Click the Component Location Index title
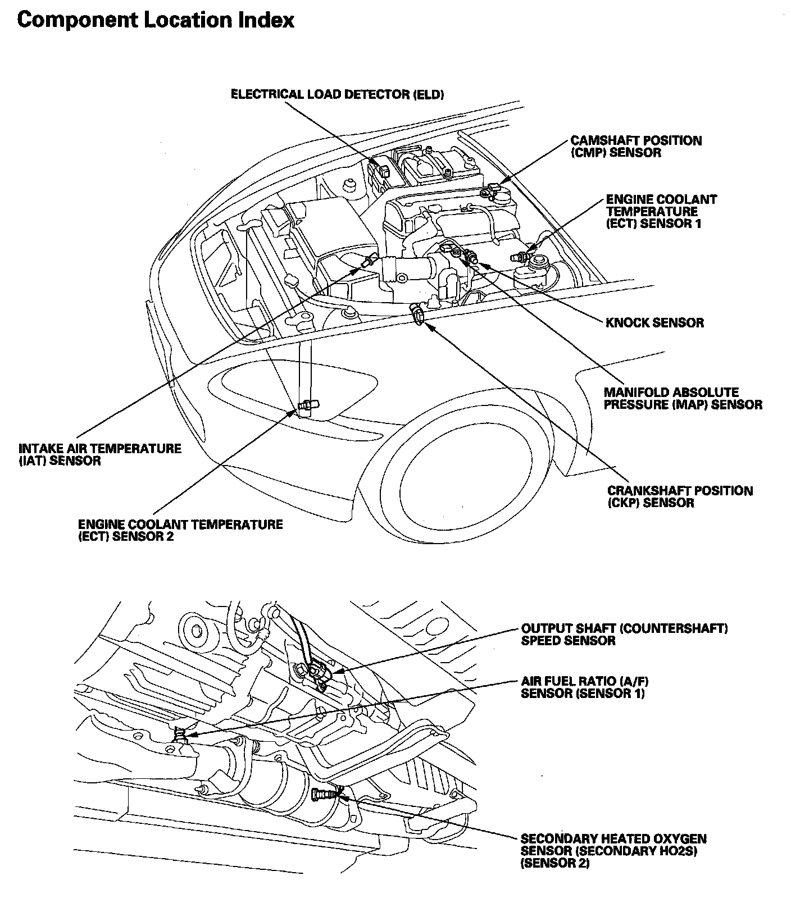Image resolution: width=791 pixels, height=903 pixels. (x=156, y=21)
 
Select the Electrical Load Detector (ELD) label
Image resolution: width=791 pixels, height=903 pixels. (x=338, y=94)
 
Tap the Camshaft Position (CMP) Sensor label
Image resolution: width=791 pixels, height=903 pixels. (x=636, y=147)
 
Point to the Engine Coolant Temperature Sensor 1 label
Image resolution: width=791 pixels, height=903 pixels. (x=661, y=212)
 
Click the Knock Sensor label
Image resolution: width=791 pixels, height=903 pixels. (x=654, y=323)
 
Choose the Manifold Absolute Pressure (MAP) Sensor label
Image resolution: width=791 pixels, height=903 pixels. (x=683, y=398)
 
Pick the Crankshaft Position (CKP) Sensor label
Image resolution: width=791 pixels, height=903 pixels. (x=680, y=496)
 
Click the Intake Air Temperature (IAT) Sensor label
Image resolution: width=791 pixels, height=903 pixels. (x=100, y=454)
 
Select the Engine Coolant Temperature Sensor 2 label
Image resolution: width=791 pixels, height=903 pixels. (x=180, y=530)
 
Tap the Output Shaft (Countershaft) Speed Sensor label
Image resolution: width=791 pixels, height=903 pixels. (x=624, y=634)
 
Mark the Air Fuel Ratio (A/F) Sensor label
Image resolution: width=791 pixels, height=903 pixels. (x=585, y=687)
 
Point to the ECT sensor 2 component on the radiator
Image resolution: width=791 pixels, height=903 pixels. (x=308, y=404)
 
